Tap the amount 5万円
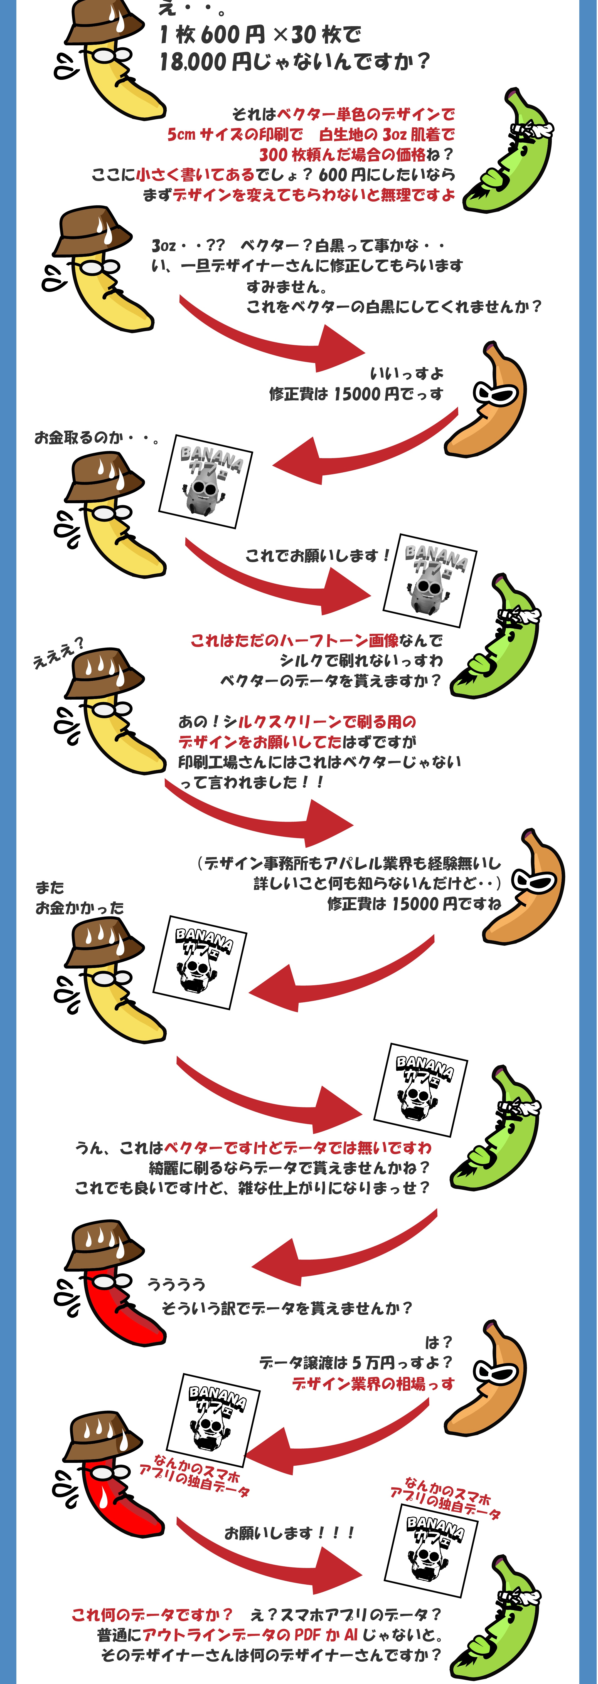(373, 1363)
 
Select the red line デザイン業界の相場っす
(373, 1384)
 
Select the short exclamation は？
(438, 1343)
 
